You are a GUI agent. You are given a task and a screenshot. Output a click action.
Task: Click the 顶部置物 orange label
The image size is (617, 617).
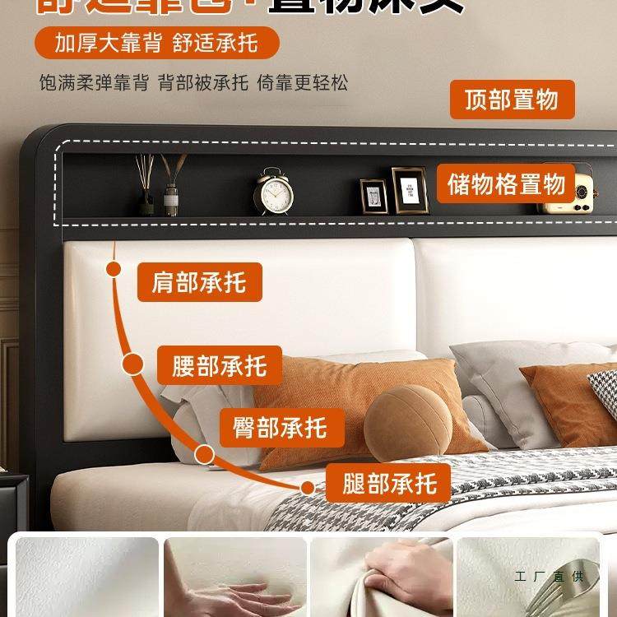(x=512, y=100)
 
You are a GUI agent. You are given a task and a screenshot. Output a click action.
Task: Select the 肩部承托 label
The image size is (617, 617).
(x=198, y=282)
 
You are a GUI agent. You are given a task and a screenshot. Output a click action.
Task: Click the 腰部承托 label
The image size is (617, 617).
(x=220, y=365)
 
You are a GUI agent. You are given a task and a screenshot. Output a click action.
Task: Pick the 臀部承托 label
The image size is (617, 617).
(x=280, y=427)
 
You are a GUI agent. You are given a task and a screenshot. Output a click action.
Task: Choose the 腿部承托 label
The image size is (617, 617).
(x=389, y=482)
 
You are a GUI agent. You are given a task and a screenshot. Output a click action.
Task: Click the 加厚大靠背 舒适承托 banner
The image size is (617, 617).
(x=156, y=43)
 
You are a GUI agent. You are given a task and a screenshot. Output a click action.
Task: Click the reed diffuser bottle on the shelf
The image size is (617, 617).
(x=171, y=194)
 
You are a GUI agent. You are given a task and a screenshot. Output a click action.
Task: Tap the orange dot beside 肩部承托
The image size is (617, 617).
(x=114, y=269)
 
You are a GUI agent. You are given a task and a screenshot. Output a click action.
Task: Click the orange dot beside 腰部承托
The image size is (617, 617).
(x=132, y=364)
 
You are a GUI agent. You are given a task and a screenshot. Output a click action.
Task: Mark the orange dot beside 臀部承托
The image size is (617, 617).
(x=205, y=453)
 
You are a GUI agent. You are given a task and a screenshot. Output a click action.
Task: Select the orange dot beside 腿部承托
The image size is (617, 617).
(x=308, y=487)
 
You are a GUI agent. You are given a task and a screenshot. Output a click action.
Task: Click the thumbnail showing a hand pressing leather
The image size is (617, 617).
(x=235, y=576)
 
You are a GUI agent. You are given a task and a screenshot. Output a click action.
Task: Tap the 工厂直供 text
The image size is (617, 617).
(x=549, y=576)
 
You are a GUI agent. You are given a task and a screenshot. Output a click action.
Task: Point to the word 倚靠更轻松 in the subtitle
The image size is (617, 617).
(x=303, y=84)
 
